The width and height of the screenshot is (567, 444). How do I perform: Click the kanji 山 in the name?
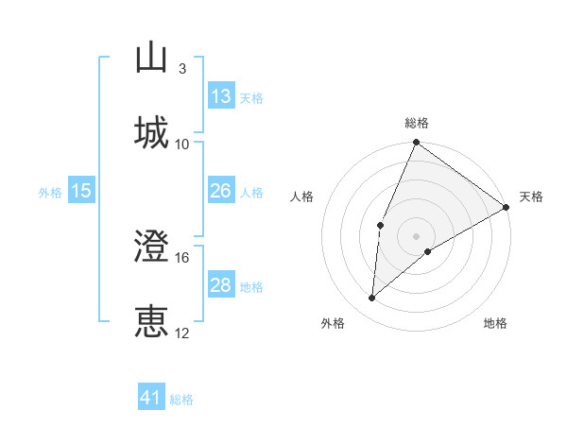click(x=152, y=58)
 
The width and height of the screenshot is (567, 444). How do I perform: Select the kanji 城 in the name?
click(x=152, y=131)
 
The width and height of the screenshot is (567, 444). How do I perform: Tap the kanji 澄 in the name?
click(x=152, y=247)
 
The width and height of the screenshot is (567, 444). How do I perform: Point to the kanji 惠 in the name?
click(x=152, y=321)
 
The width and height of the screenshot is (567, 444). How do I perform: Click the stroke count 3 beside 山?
click(x=181, y=69)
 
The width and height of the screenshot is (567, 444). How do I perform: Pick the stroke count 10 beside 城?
click(x=182, y=144)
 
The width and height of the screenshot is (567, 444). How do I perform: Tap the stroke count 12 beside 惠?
click(x=182, y=333)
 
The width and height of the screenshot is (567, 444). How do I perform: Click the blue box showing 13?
click(x=221, y=96)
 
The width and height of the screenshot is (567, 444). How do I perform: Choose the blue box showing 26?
click(x=221, y=192)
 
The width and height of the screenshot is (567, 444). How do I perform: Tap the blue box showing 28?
click(x=221, y=285)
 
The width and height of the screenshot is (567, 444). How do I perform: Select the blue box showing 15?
click(x=80, y=192)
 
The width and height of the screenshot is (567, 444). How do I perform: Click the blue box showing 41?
click(x=151, y=398)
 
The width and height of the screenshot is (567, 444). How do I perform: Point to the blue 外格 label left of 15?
click(x=50, y=193)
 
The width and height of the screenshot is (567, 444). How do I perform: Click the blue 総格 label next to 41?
click(x=181, y=400)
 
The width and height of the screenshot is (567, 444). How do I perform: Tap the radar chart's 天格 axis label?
click(x=531, y=196)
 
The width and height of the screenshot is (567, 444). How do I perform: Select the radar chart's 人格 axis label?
click(x=302, y=196)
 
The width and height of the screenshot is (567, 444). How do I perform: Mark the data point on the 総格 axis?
click(x=416, y=143)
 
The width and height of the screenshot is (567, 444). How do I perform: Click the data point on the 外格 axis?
click(x=372, y=298)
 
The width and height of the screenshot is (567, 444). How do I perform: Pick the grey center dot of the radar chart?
click(x=416, y=235)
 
